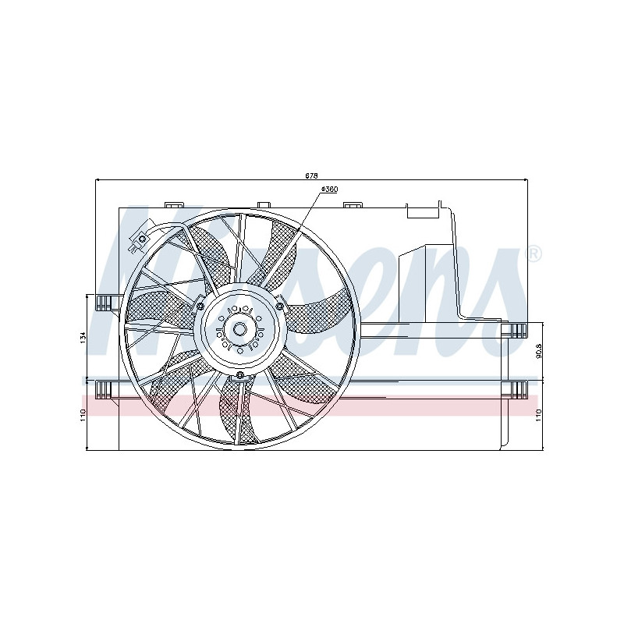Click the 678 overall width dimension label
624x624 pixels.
click(x=312, y=175)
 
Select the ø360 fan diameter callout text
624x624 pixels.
click(x=328, y=190)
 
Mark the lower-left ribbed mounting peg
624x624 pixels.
click(x=104, y=388)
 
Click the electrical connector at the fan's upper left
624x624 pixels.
click(x=141, y=239)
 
